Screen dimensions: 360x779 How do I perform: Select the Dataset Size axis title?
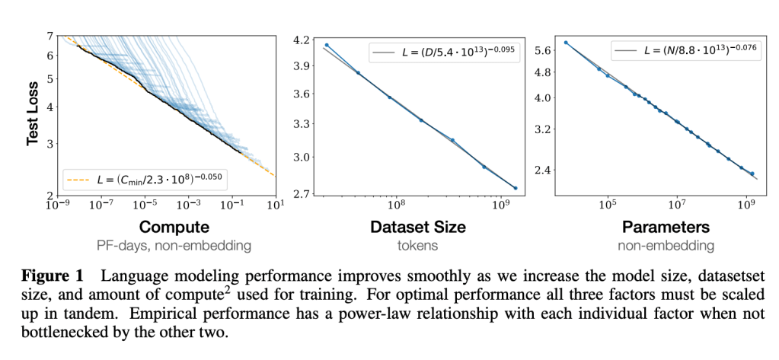(418, 227)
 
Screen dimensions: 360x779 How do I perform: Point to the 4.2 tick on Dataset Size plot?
(302, 40)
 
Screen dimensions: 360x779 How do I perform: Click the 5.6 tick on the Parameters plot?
(542, 50)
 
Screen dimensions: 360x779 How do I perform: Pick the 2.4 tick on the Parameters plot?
(542, 170)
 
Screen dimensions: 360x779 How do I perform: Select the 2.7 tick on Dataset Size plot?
(302, 194)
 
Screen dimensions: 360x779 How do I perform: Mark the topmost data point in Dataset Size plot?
(327, 45)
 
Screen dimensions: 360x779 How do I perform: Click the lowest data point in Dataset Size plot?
(516, 188)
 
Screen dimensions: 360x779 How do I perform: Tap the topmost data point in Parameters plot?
(566, 43)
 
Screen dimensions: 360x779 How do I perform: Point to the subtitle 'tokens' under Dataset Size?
(418, 245)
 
